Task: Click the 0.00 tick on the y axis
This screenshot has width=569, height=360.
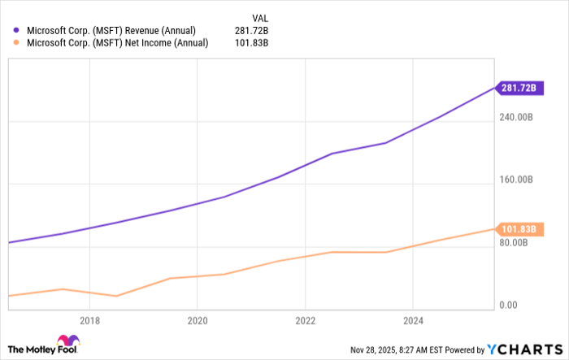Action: [x=507, y=305]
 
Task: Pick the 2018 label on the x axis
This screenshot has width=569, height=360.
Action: [x=89, y=320]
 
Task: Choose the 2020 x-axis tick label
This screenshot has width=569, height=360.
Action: [x=198, y=320]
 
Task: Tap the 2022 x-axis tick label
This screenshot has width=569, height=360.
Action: [x=306, y=320]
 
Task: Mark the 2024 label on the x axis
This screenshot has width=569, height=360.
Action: [x=414, y=320]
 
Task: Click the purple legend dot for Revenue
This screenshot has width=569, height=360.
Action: [x=16, y=31]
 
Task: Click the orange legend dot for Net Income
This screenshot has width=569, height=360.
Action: [x=16, y=43]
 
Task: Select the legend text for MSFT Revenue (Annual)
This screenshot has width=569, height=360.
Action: [x=111, y=31]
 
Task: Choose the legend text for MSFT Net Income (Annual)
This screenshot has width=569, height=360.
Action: [x=116, y=43]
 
